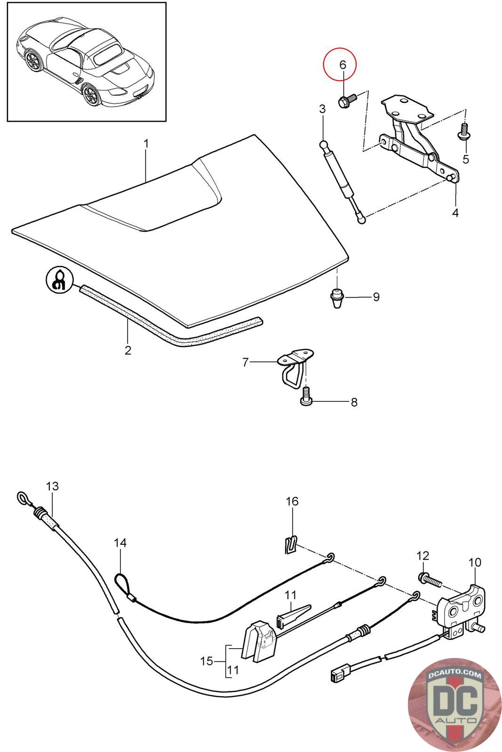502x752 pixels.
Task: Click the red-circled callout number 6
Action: pyautogui.click(x=342, y=64)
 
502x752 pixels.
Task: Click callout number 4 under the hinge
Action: pyautogui.click(x=455, y=212)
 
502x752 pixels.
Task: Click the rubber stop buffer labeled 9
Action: pyautogui.click(x=336, y=298)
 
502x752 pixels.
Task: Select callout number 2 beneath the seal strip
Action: pyautogui.click(x=128, y=350)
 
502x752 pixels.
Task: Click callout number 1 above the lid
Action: pyautogui.click(x=146, y=143)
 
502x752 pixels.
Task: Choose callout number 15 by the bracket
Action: pyautogui.click(x=207, y=661)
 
